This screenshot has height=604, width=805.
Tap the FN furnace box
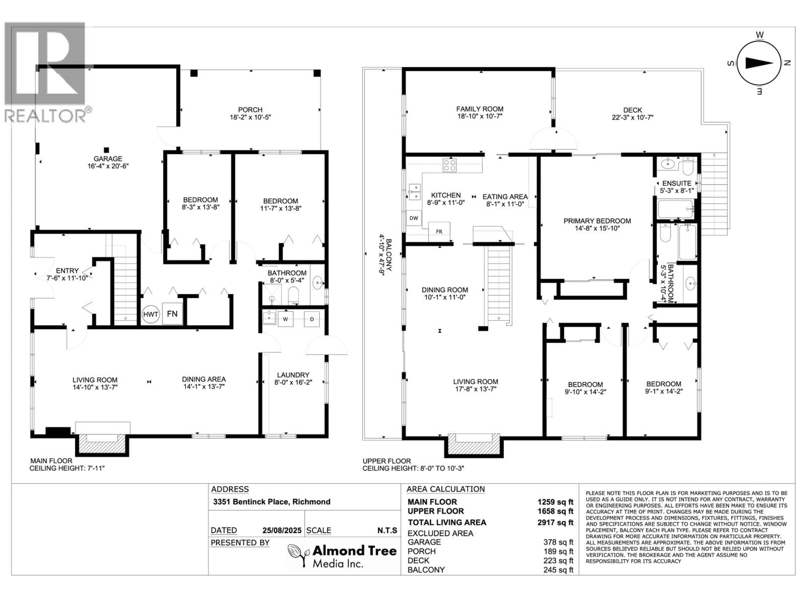[x=172, y=314]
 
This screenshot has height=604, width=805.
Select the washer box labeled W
[x=285, y=319]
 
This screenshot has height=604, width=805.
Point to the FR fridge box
[x=439, y=231]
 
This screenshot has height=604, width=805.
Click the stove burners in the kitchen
[x=449, y=165]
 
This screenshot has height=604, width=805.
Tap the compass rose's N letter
[x=787, y=63]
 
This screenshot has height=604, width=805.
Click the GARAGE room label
[x=108, y=159]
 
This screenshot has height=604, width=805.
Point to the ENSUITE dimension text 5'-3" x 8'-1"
[x=677, y=190]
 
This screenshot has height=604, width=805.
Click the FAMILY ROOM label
[x=480, y=109]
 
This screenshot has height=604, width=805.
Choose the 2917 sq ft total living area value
[x=555, y=522]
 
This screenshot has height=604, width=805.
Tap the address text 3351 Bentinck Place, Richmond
[x=271, y=502]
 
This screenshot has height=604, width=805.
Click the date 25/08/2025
[x=282, y=530]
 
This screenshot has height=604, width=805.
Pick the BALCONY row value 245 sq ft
[x=558, y=570]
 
